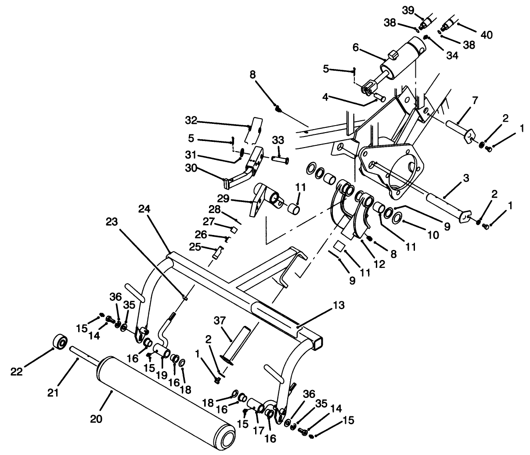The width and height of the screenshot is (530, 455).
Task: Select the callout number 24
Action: (x=145, y=209)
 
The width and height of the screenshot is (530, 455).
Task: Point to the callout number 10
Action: (x=433, y=235)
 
